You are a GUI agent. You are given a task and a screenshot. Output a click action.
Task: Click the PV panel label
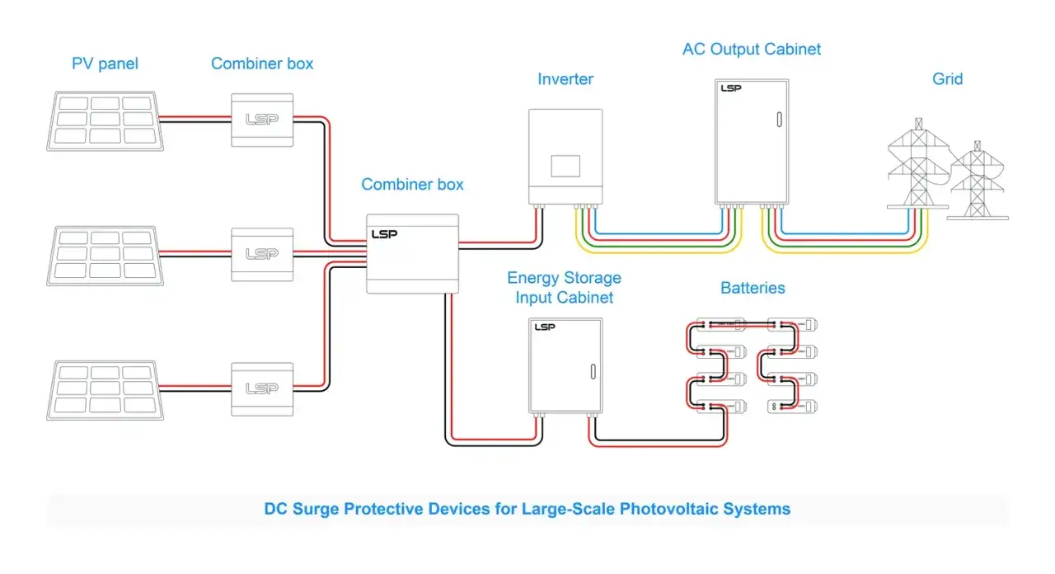pyautogui.click(x=105, y=64)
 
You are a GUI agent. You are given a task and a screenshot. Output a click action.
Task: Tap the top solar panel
pyautogui.click(x=105, y=121)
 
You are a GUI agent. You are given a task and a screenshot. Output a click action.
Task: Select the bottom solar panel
pyautogui.click(x=105, y=391)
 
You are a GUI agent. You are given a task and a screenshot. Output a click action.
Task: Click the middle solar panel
pyautogui.click(x=105, y=256)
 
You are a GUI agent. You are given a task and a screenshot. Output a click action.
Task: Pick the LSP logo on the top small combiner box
pyautogui.click(x=262, y=120)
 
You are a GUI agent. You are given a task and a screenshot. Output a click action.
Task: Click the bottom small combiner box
pyautogui.click(x=262, y=389)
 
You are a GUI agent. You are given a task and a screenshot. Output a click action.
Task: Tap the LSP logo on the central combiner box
pyautogui.click(x=384, y=234)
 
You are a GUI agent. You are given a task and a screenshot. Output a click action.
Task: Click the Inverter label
pyautogui.click(x=565, y=79)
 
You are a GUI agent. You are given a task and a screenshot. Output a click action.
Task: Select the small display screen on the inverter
pyautogui.click(x=565, y=166)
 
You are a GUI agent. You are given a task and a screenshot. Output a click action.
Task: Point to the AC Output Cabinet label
pyautogui.click(x=752, y=49)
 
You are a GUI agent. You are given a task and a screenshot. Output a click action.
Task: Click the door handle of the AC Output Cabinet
pyautogui.click(x=779, y=120)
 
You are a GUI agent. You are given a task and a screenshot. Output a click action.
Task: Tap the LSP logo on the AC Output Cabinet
pyautogui.click(x=731, y=88)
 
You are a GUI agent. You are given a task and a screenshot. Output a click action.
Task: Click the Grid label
pyautogui.click(x=948, y=79)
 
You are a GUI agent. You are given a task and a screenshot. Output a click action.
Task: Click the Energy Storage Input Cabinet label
pyautogui.click(x=565, y=288)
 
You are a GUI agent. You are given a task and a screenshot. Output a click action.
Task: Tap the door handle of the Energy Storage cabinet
pyautogui.click(x=593, y=372)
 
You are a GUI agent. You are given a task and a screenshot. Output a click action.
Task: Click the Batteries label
pyautogui.click(x=753, y=288)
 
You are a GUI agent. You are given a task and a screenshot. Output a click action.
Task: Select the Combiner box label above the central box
pyautogui.click(x=412, y=184)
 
